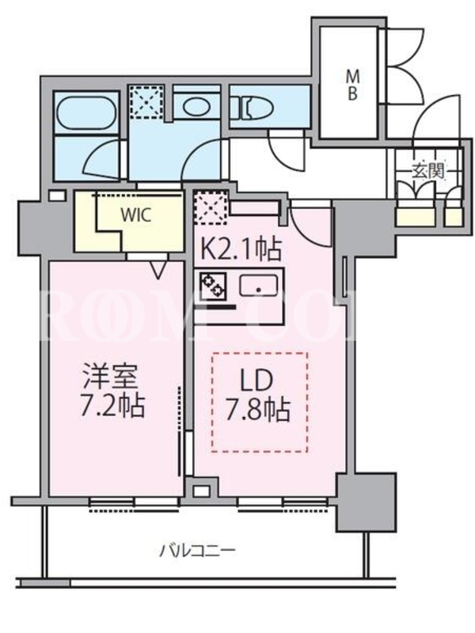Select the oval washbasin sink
pyautogui.click(x=195, y=107)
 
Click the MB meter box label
pyautogui.click(x=352, y=85)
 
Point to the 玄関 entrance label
pyautogui.click(x=427, y=172)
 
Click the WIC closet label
pyautogui.click(x=136, y=214)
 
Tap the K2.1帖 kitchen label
pyautogui.click(x=241, y=250)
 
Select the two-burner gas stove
pyautogui.click(x=213, y=285)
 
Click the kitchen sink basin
pyautogui.click(x=259, y=286)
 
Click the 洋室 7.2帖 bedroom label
pyautogui.click(x=112, y=390)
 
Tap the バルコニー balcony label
pyautogui.click(x=198, y=550)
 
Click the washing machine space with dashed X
pyautogui.click(x=146, y=102)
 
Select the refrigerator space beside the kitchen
pyautogui.click(x=211, y=207)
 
